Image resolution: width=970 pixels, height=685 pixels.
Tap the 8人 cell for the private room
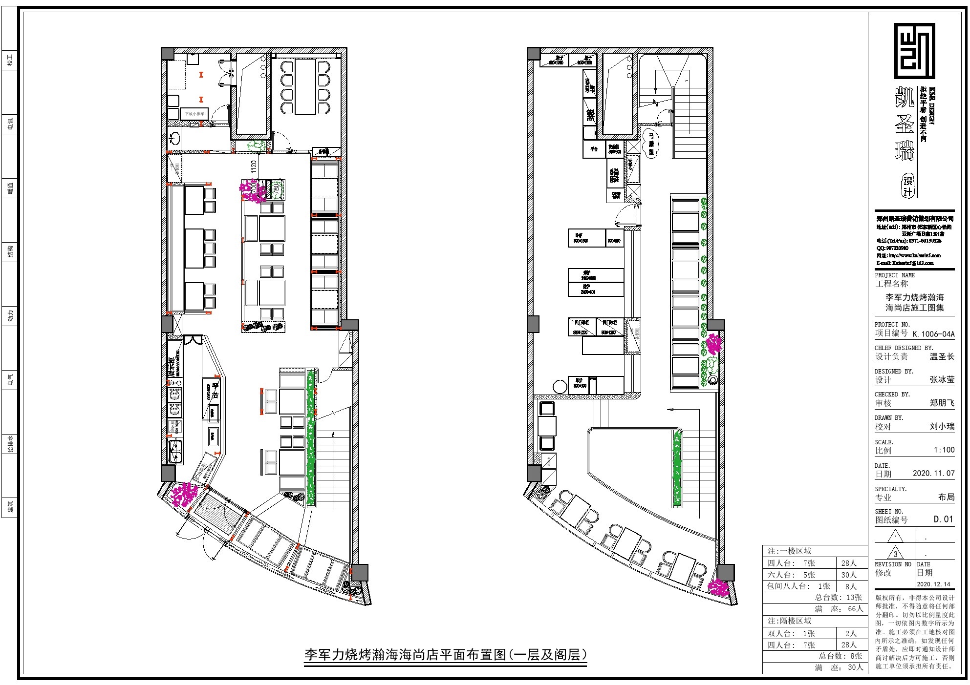851,586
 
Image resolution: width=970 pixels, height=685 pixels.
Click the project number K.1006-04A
933,334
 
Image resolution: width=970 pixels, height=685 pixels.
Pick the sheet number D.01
944,519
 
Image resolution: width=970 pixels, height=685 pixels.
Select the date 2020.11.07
933,473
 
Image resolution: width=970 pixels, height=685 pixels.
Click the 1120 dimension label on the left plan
253,166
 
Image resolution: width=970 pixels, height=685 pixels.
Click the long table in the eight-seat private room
304,87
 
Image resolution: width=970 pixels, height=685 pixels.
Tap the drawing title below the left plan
445,654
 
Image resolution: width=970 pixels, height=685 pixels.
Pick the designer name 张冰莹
942,379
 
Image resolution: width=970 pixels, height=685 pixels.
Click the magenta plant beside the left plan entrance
185,494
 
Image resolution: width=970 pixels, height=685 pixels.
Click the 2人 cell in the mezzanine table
851,633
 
